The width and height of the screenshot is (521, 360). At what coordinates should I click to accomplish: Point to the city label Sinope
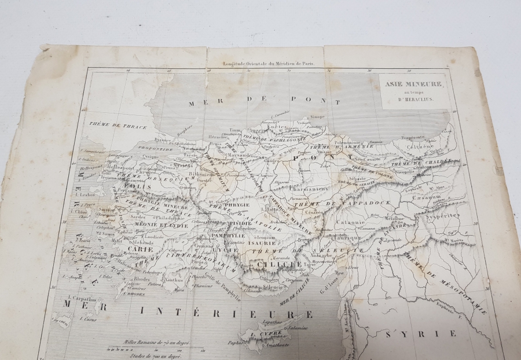317,116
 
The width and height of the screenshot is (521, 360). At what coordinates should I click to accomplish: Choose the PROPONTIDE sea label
138,148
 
